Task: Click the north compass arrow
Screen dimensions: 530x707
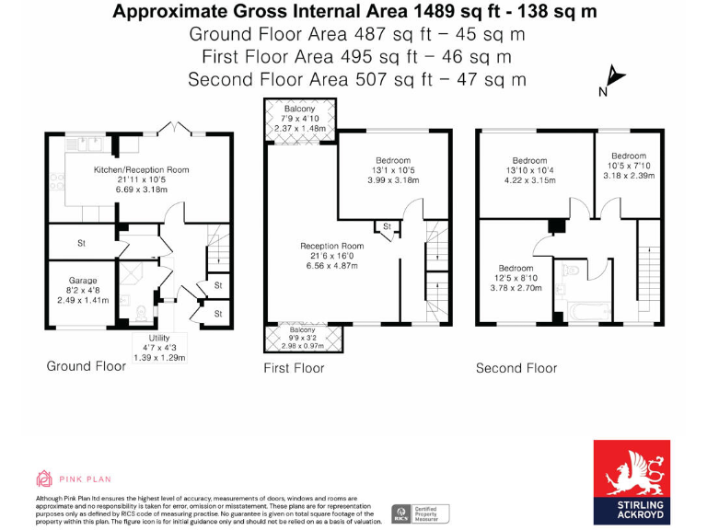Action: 611,78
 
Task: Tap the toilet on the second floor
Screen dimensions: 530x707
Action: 574,271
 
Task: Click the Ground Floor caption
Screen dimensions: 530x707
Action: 86,366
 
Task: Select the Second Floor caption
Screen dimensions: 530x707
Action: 516,368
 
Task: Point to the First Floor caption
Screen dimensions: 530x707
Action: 294,368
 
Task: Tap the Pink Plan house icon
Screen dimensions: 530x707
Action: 44,478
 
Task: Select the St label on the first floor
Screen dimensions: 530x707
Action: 387,225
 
